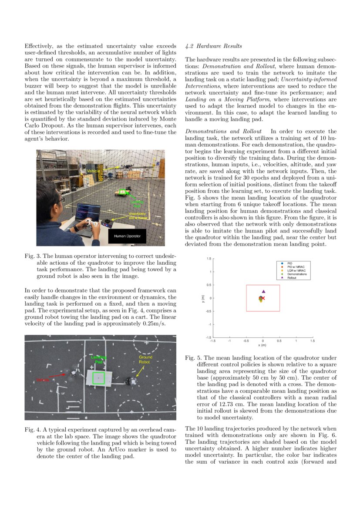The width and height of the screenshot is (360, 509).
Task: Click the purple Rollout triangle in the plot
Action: [263, 291]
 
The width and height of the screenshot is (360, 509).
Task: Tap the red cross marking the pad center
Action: [263, 298]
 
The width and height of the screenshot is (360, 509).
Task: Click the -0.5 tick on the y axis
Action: [209, 311]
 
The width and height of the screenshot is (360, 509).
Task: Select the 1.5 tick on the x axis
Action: [312, 340]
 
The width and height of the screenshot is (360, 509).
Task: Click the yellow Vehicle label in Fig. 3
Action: [93, 172]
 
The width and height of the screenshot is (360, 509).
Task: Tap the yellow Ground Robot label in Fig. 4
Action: [145, 360]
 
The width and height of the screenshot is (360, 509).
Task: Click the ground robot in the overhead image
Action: [131, 381]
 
